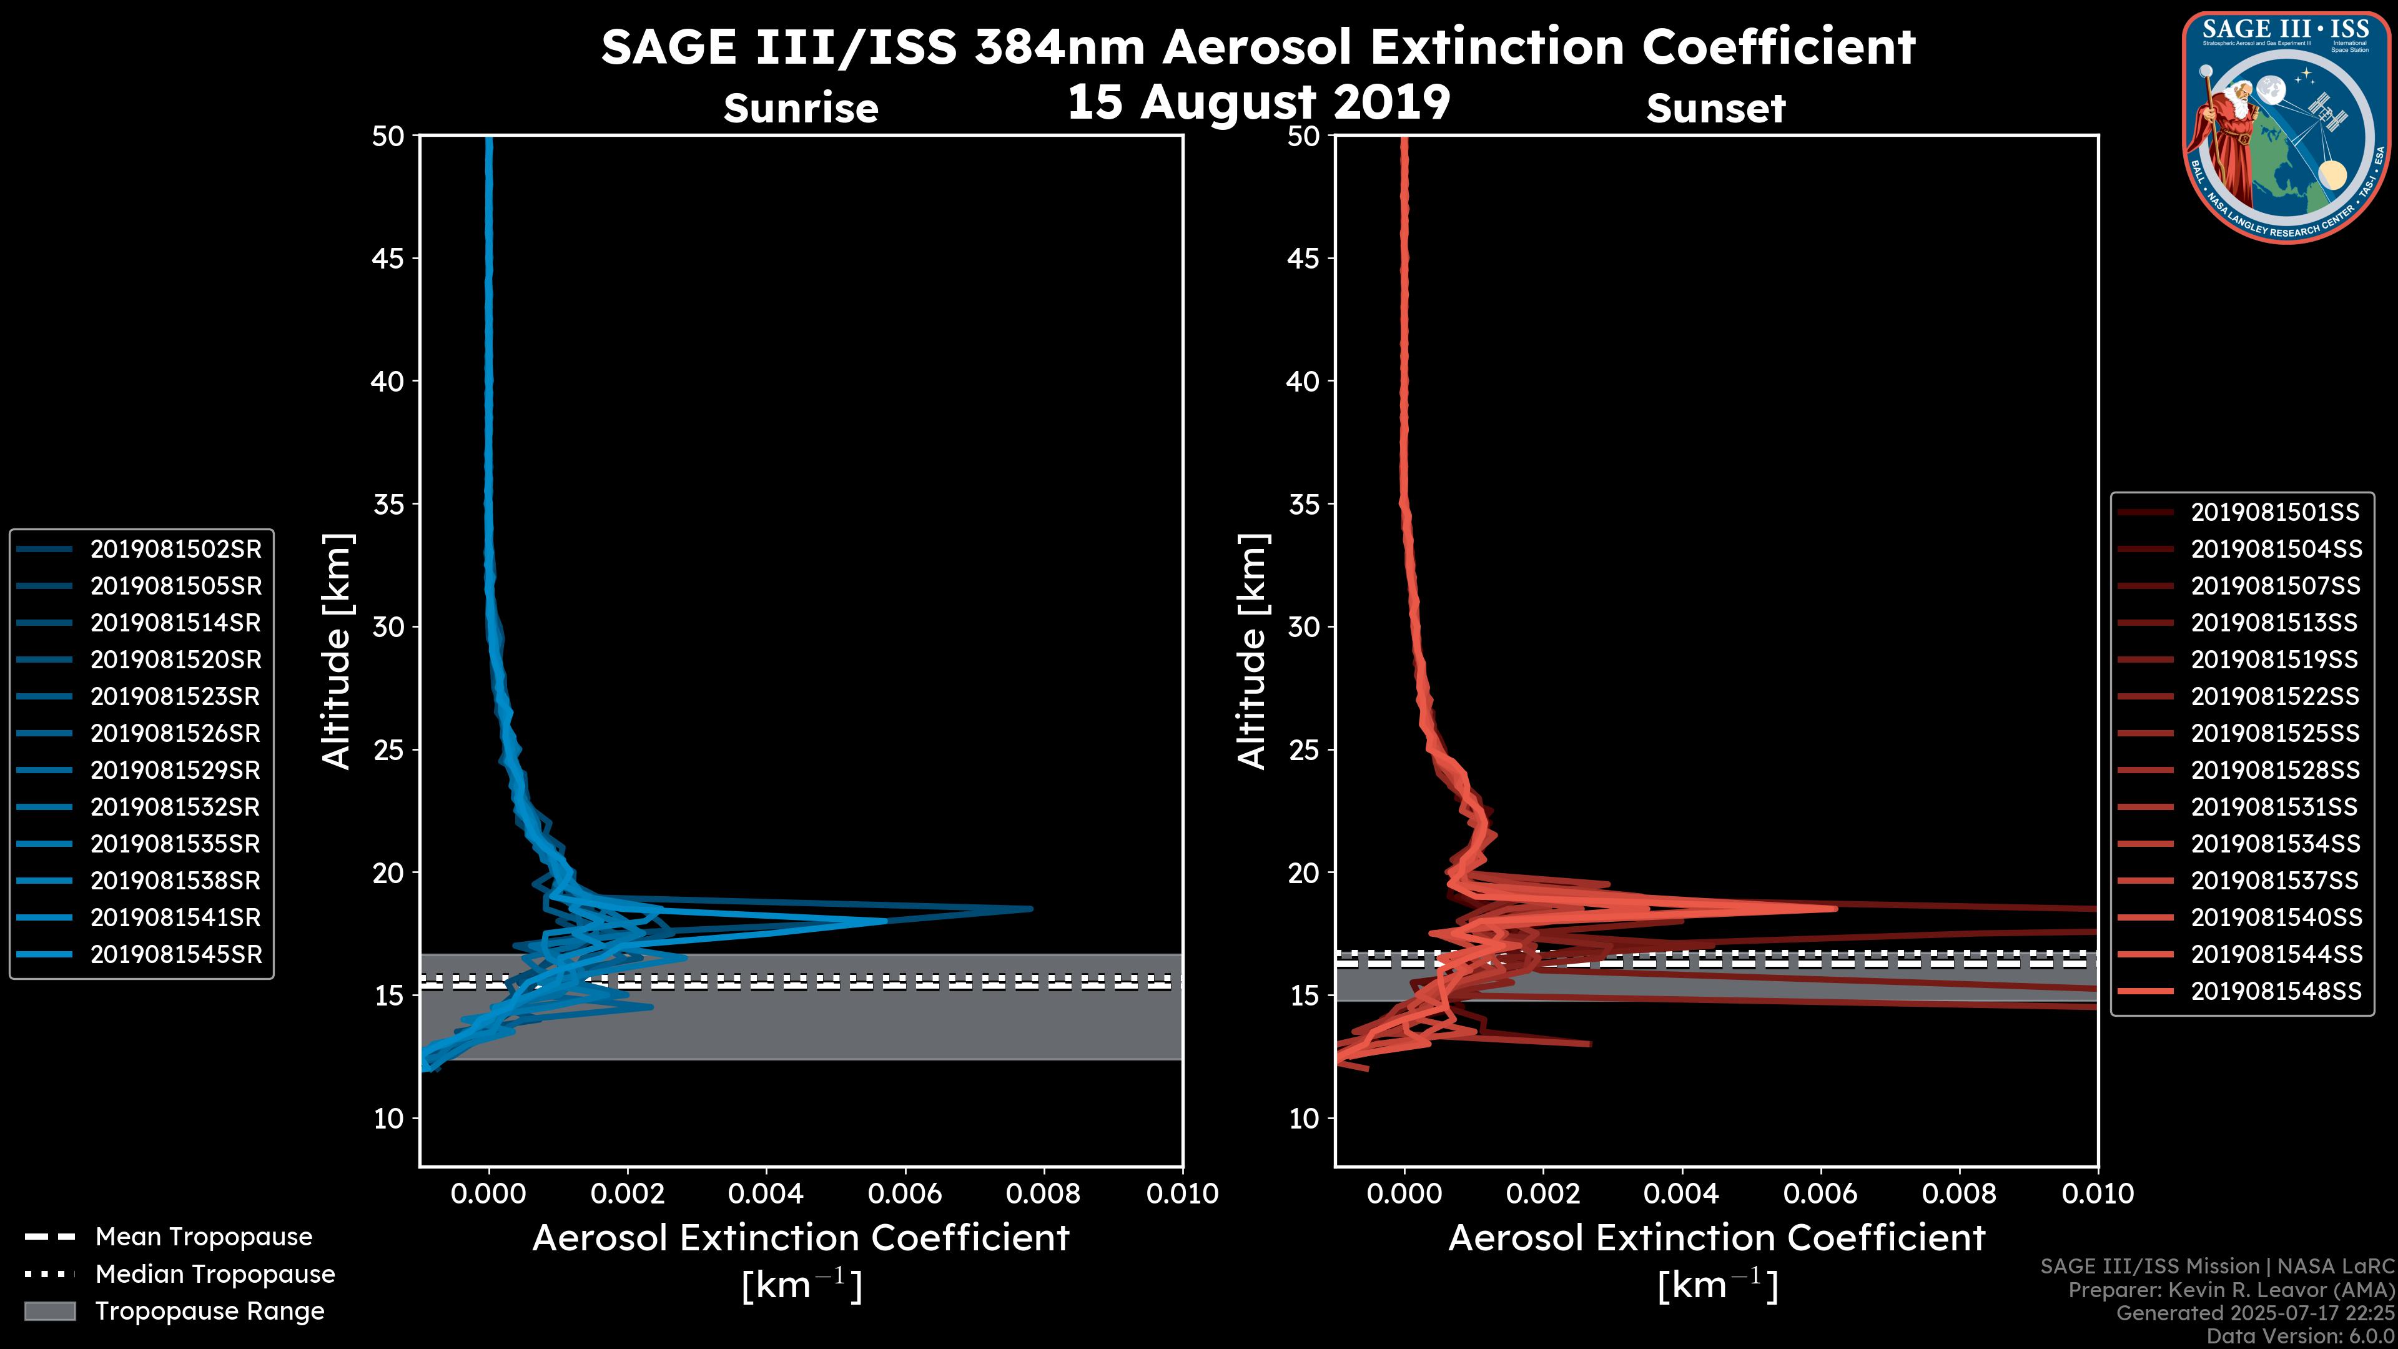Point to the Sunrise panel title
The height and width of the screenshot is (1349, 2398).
(801, 108)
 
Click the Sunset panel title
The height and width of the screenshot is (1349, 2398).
(1715, 108)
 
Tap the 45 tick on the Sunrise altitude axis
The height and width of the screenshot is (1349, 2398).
(388, 258)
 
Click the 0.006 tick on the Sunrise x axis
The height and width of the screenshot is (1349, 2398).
(905, 1193)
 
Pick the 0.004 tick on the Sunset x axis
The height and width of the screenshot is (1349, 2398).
(1681, 1193)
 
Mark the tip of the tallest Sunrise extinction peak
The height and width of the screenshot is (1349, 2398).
(1030, 909)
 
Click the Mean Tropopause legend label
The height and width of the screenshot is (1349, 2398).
(204, 1237)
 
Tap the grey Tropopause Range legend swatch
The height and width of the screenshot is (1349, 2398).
(49, 1311)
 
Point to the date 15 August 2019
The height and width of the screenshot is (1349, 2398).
(1258, 102)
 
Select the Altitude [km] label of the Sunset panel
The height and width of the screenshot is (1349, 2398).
(1252, 651)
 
